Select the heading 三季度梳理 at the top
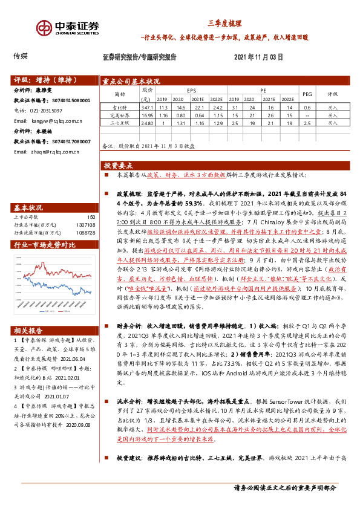point(224,24)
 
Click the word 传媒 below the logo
point(20,56)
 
